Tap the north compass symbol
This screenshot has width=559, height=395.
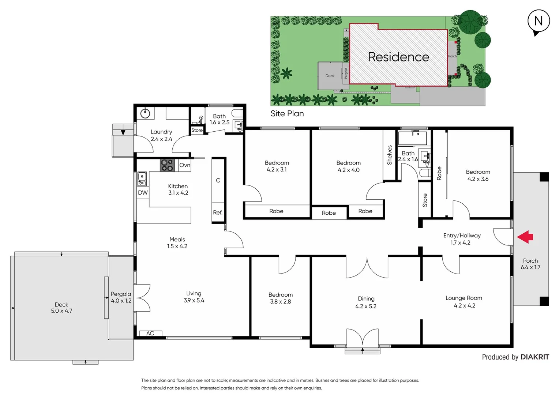(x=539, y=22)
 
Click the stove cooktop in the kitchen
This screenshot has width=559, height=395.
(x=167, y=165)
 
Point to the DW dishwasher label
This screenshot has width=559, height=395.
(x=143, y=193)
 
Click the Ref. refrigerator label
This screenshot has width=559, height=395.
(x=218, y=212)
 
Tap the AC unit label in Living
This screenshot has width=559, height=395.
(x=150, y=333)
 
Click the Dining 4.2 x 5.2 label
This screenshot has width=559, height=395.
(x=366, y=302)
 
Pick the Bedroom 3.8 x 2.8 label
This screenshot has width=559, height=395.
(x=281, y=298)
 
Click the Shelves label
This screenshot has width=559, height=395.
(x=390, y=155)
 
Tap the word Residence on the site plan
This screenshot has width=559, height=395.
(x=398, y=57)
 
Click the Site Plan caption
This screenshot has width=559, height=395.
(x=287, y=114)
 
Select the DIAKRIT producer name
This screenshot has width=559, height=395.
(x=534, y=357)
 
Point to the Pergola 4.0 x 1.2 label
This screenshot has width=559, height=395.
(x=121, y=297)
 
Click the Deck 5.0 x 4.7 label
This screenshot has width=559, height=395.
(x=61, y=308)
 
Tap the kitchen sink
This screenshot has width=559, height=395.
(x=142, y=178)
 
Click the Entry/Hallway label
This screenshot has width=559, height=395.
(x=462, y=239)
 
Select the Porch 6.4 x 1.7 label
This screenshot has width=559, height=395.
(x=530, y=264)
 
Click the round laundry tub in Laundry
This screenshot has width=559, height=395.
(x=146, y=113)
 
